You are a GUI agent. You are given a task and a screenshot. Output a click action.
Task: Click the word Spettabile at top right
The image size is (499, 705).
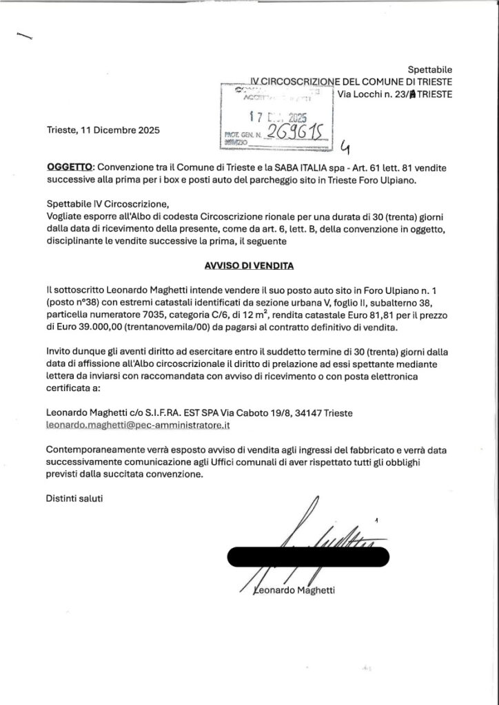[x=430, y=70]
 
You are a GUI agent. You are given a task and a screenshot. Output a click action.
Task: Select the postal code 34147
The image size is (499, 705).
[x=307, y=412]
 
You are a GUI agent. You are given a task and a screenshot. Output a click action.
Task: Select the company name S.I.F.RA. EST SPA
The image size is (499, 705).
[x=169, y=412]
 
